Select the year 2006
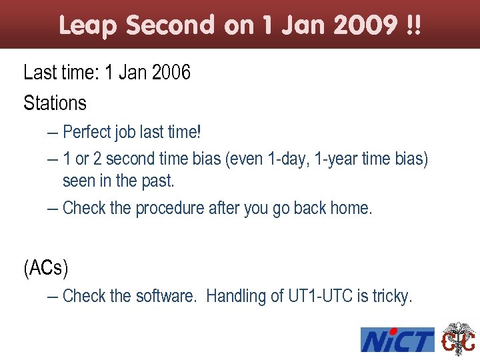171,72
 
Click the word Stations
55,103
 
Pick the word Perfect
87,132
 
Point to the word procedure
169,208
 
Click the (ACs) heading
45,268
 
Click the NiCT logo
397,340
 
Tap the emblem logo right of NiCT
459,339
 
